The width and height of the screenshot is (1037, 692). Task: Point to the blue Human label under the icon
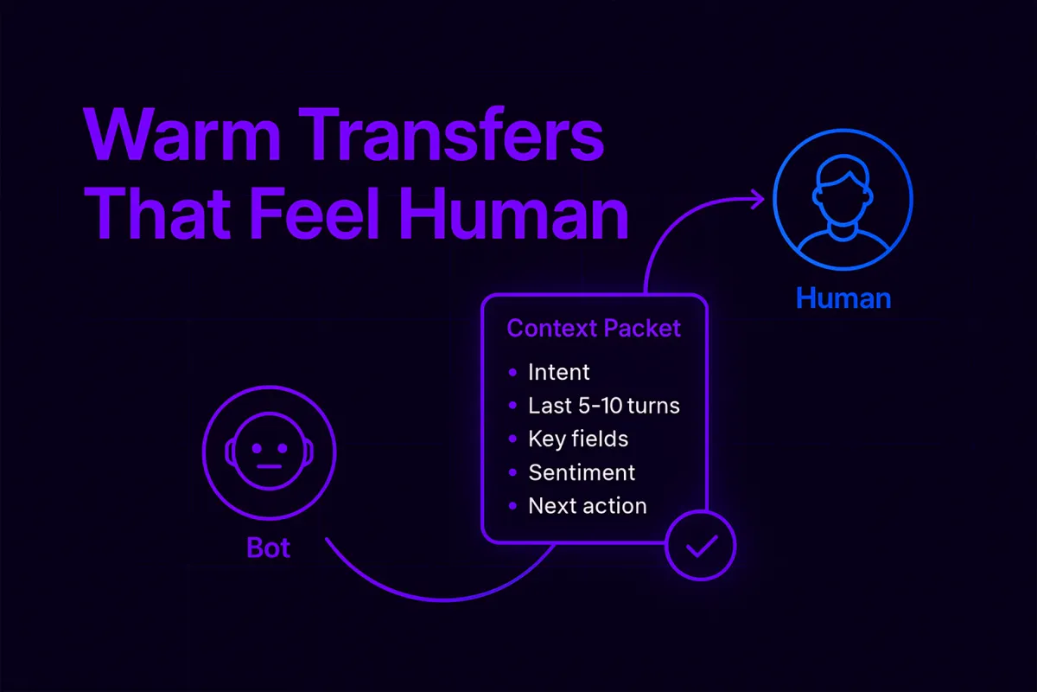pyautogui.click(x=843, y=298)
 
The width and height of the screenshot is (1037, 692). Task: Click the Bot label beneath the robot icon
pyautogui.click(x=268, y=548)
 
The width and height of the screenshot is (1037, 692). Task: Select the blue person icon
pyautogui.click(x=843, y=202)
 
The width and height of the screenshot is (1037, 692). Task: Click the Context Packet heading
pyautogui.click(x=594, y=329)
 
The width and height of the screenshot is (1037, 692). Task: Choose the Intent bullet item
pyautogui.click(x=558, y=373)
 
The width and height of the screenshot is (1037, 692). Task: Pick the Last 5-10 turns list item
pyautogui.click(x=603, y=406)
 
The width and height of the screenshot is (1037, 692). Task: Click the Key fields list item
pyautogui.click(x=577, y=439)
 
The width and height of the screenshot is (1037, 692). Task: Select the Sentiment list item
pyautogui.click(x=581, y=472)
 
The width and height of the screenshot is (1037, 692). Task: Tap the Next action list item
pyautogui.click(x=587, y=506)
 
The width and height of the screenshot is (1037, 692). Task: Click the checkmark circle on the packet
pyautogui.click(x=700, y=547)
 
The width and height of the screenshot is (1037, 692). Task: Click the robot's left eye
pyautogui.click(x=257, y=449)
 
